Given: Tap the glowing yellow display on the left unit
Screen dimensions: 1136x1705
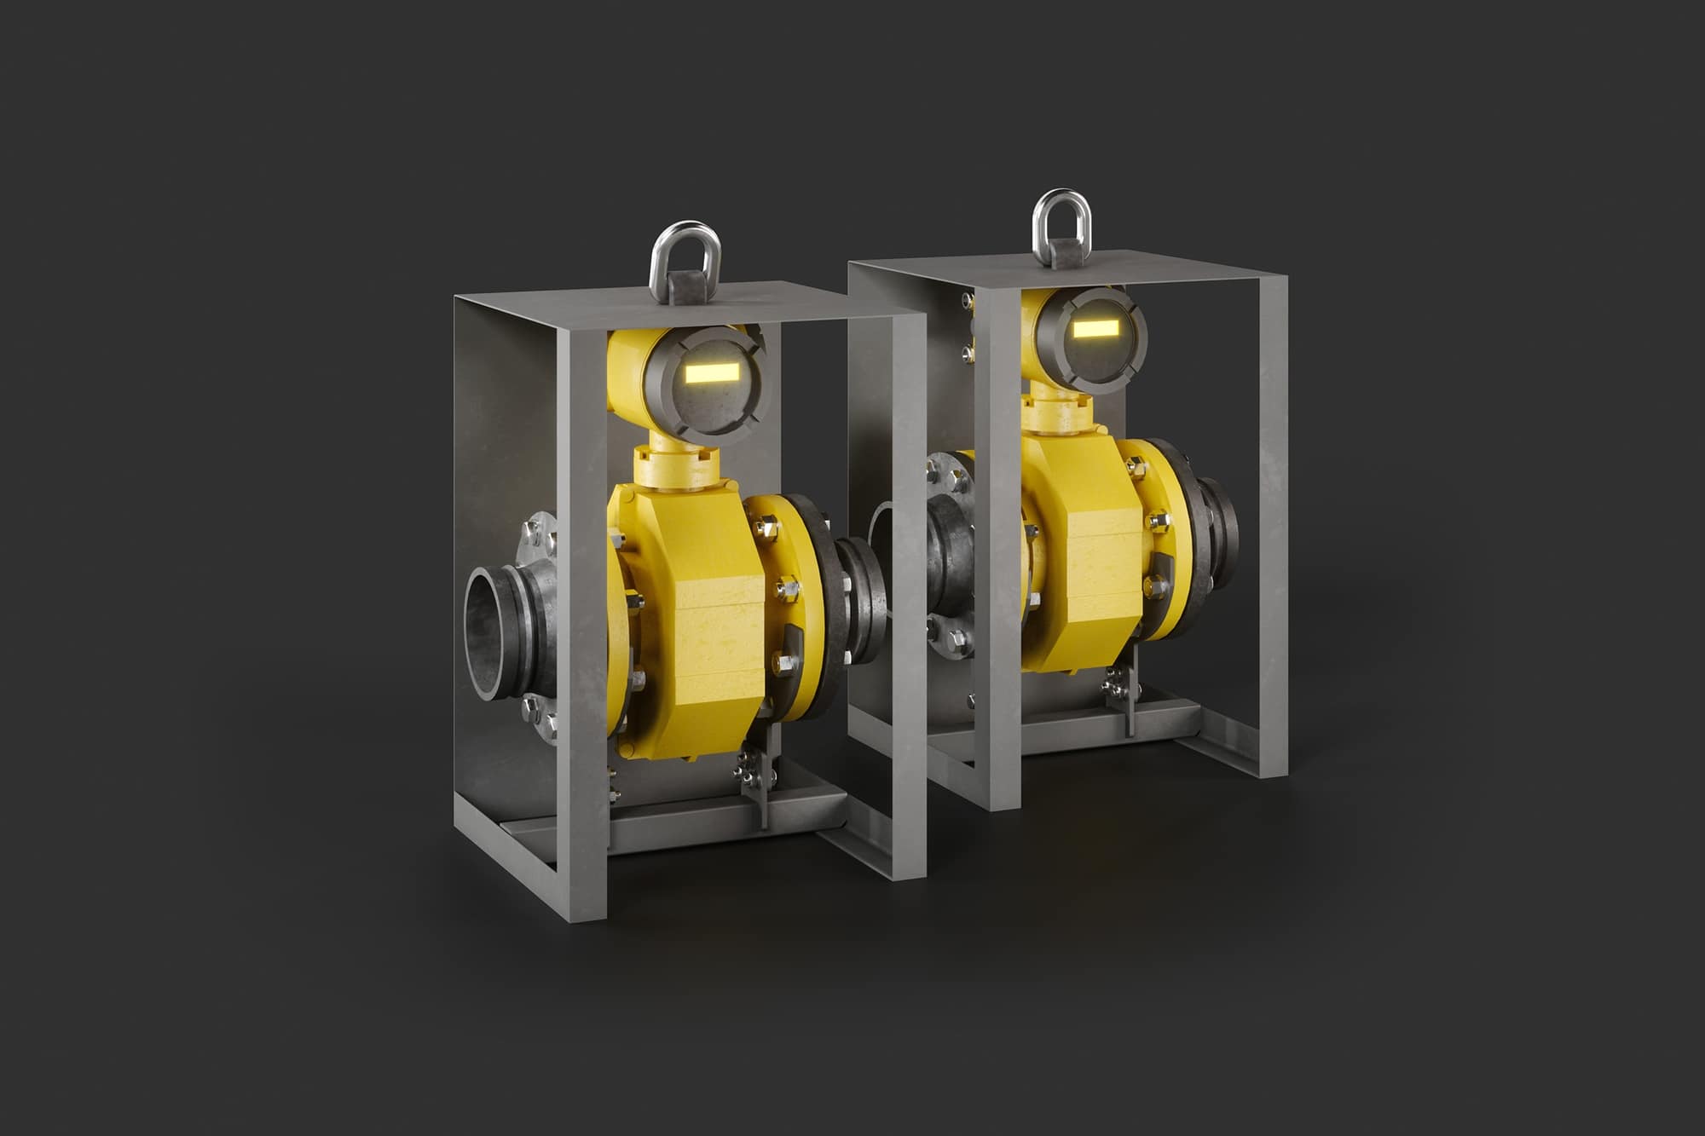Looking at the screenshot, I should pyautogui.click(x=713, y=372).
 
